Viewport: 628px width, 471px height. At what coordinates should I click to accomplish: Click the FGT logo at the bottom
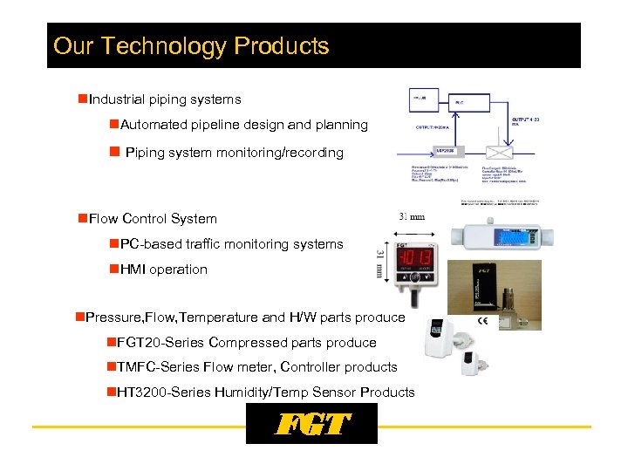pos(311,424)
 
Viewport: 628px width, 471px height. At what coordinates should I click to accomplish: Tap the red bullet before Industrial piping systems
pos(82,99)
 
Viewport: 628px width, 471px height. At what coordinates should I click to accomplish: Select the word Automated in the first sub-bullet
pos(154,125)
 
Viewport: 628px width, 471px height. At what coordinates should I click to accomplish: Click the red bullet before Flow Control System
pos(82,218)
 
